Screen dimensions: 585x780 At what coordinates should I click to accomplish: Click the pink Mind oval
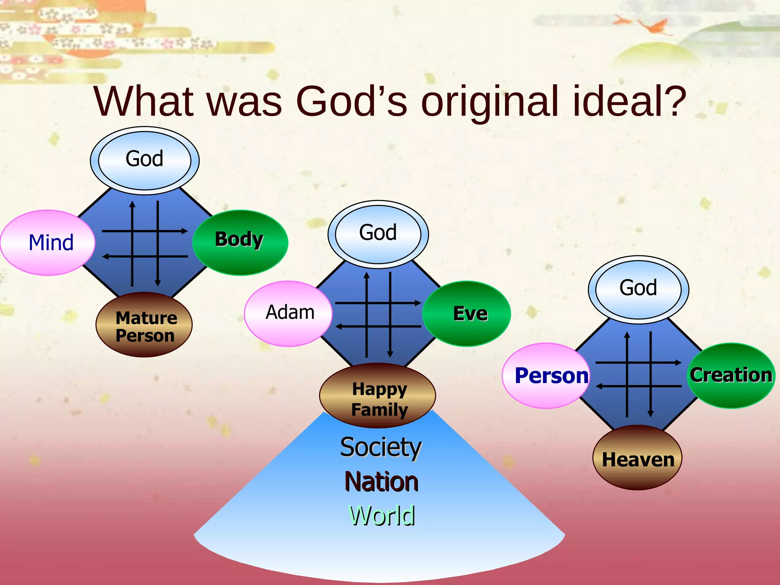tap(48, 243)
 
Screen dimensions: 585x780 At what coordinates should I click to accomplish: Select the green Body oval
tap(240, 243)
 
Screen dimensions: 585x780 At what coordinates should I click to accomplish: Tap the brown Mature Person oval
tap(144, 325)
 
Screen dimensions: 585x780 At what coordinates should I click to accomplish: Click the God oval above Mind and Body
tap(145, 160)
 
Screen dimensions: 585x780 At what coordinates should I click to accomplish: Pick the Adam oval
tap(288, 313)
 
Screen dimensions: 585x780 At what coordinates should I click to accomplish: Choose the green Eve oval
tap(467, 313)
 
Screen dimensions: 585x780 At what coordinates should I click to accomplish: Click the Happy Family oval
tap(377, 395)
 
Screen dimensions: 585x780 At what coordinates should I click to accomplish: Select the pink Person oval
tap(546, 376)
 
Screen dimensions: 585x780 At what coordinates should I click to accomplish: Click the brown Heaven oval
tap(638, 458)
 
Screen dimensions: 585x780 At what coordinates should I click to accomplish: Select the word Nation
tap(382, 482)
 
